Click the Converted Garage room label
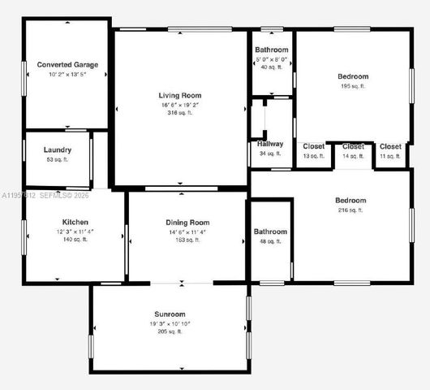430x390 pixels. (x=67, y=64)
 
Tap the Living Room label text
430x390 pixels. (x=179, y=95)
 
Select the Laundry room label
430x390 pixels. (x=58, y=149)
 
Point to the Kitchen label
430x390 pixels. (x=75, y=222)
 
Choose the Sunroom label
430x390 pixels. (x=170, y=314)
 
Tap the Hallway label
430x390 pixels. (x=270, y=144)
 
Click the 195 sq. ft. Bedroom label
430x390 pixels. (x=353, y=76)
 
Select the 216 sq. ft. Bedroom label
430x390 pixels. (x=350, y=200)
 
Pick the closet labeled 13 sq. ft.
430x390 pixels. (x=313, y=146)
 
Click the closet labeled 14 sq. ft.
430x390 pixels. (x=353, y=146)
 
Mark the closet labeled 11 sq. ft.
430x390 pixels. (x=390, y=146)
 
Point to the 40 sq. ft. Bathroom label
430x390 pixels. (x=272, y=50)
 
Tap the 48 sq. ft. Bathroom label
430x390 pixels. (x=270, y=232)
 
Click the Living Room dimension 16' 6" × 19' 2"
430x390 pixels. (x=179, y=105)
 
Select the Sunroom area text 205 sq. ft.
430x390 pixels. (x=170, y=331)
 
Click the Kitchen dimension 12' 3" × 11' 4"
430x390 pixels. (x=75, y=232)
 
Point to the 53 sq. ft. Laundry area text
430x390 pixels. (x=58, y=160)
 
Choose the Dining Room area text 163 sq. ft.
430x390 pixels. (x=187, y=240)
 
